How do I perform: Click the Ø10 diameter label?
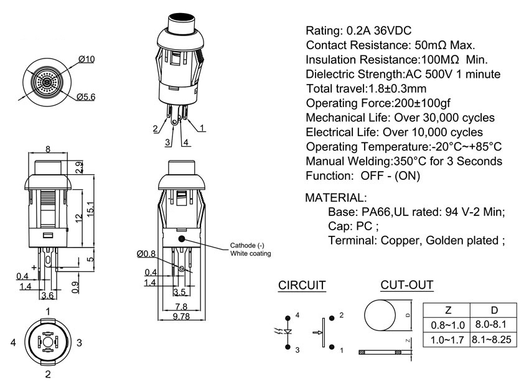(87, 60)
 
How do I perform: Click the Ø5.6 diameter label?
(86, 97)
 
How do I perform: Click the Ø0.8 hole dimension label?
(146, 253)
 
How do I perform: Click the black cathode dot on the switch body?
(181, 239)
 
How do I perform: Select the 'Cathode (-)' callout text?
(248, 245)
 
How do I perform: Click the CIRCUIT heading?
(302, 286)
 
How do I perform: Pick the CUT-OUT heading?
(407, 286)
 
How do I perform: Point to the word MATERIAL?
(335, 198)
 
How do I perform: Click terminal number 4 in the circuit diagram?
(297, 315)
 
